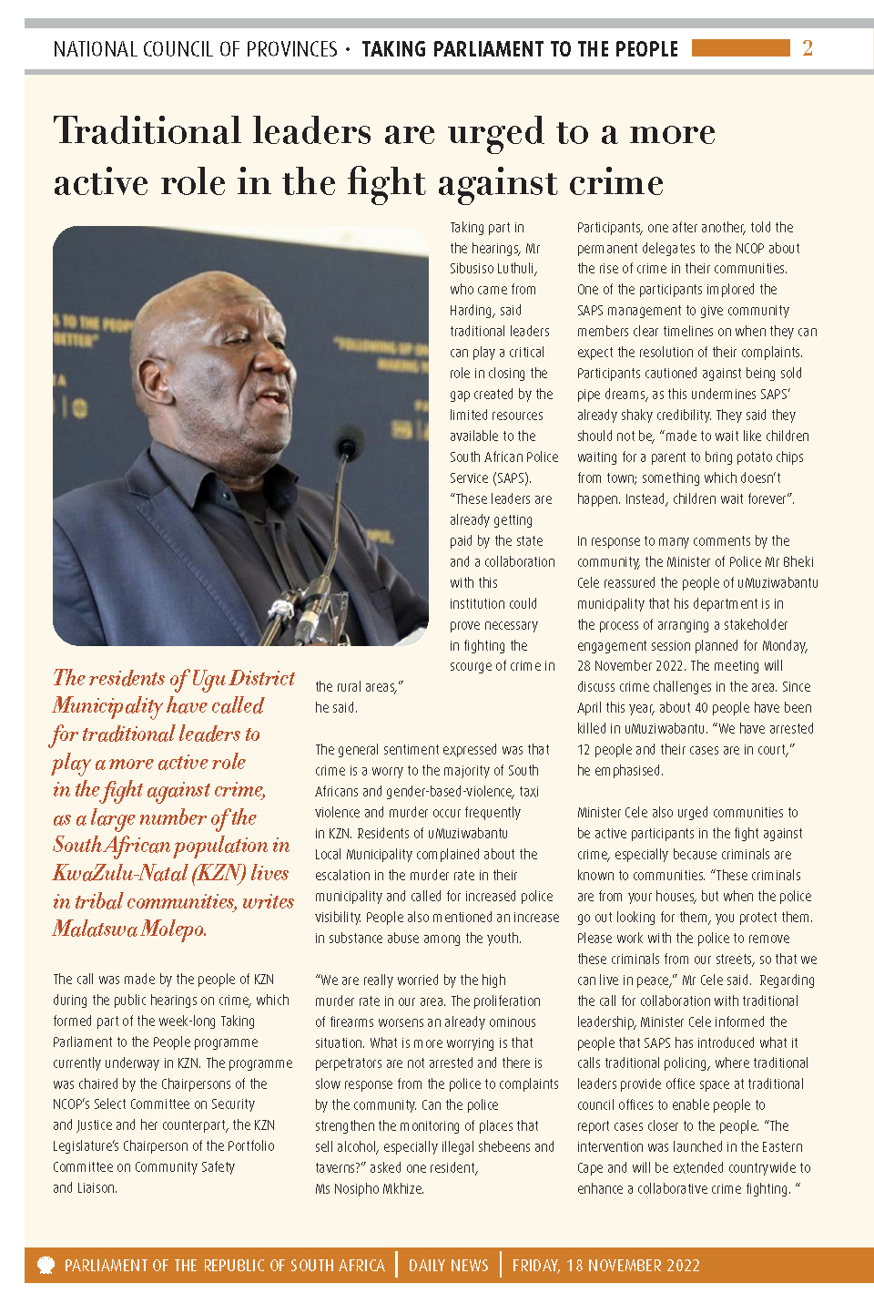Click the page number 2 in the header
tap(807, 47)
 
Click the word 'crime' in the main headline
tap(616, 183)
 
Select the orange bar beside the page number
tap(740, 47)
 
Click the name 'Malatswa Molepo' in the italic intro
tap(128, 929)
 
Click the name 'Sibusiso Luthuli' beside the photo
tap(493, 269)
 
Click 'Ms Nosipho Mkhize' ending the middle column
tap(369, 1188)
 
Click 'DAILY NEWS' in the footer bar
tap(449, 1266)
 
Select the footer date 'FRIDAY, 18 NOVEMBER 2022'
tap(605, 1266)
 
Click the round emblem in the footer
tap(46, 1265)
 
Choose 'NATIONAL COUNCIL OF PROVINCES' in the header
tap(195, 49)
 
